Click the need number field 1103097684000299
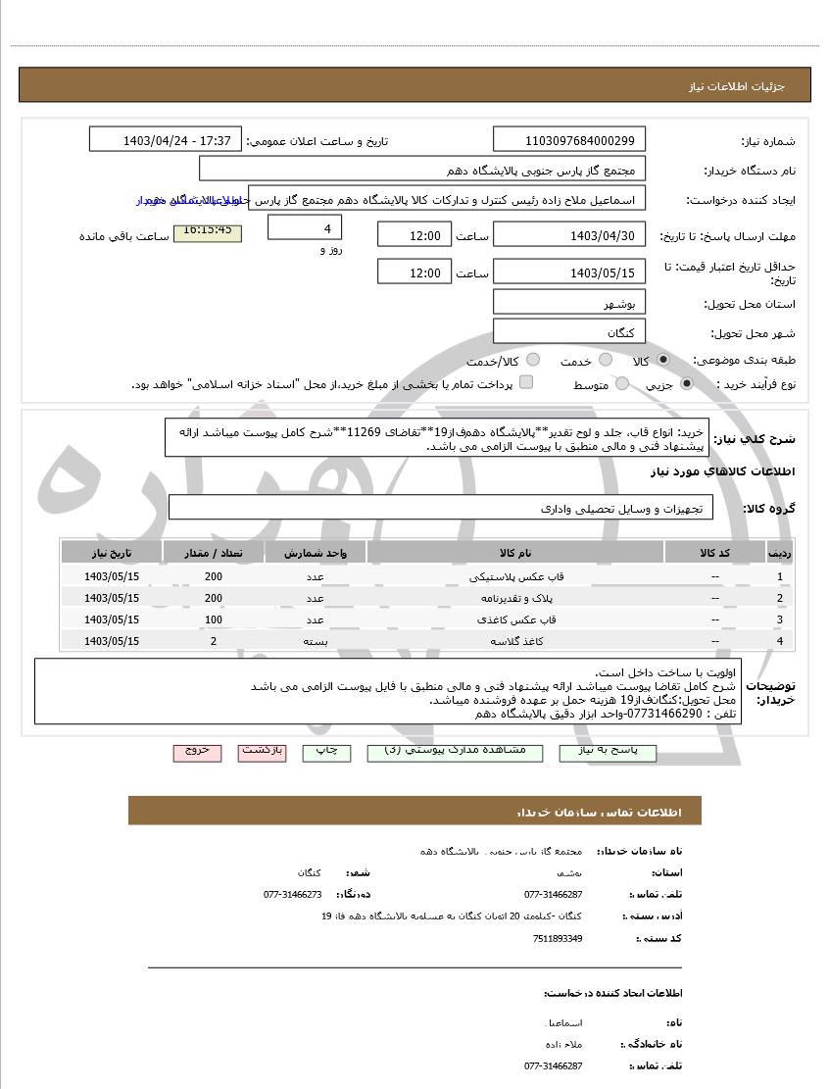569,139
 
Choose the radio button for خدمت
606,361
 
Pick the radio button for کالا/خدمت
533,361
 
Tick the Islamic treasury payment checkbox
526,383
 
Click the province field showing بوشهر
569,304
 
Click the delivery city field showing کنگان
569,332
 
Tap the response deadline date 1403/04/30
569,235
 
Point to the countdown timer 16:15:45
207,231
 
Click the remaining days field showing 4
305,228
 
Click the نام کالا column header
515,553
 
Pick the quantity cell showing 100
213,619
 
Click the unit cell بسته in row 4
315,641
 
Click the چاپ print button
325,751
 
